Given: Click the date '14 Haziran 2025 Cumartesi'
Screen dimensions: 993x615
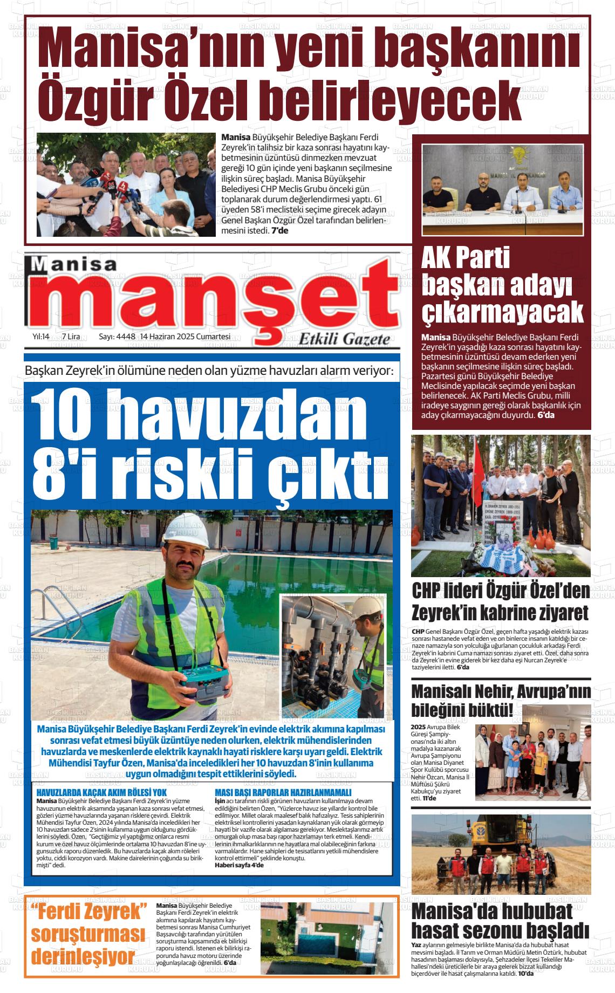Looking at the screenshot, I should click(185, 337).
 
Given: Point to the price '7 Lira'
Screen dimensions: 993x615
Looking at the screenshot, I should click(71, 337).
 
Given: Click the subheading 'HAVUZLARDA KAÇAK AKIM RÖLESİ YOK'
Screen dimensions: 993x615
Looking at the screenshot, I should click(101, 792).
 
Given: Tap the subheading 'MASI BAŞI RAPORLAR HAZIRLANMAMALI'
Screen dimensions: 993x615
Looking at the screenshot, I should click(283, 792).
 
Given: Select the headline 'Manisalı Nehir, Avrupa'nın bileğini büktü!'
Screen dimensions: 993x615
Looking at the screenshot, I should click(501, 700).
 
